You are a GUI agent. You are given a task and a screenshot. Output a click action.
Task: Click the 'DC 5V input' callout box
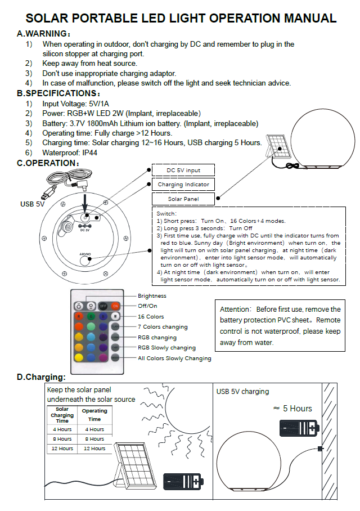[x=183, y=170]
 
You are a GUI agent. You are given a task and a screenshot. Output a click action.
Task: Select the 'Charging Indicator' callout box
[x=183, y=184]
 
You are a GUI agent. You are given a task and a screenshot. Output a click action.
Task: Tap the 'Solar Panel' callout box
[x=183, y=199]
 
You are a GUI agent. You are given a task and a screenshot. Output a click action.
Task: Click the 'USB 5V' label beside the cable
[x=32, y=204]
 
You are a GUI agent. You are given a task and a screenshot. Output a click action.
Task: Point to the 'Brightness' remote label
[x=152, y=295]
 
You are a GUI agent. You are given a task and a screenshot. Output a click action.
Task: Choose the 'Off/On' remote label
[x=147, y=306]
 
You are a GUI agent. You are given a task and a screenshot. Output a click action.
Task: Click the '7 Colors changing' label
[x=163, y=327]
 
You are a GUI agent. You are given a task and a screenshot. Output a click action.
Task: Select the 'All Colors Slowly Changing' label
[x=174, y=358]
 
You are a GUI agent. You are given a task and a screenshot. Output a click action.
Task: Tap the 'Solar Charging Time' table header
[x=62, y=415]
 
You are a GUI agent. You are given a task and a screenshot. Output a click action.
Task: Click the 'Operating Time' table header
[x=94, y=415]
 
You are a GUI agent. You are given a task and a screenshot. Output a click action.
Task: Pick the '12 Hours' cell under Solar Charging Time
[x=62, y=449]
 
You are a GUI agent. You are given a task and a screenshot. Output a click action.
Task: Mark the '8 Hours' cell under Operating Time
[x=94, y=439]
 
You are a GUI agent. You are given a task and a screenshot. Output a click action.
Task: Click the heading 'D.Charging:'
[x=41, y=376]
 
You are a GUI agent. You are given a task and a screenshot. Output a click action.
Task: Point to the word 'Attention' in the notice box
[x=235, y=309]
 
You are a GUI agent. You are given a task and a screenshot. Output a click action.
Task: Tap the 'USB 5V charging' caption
[x=243, y=391]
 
